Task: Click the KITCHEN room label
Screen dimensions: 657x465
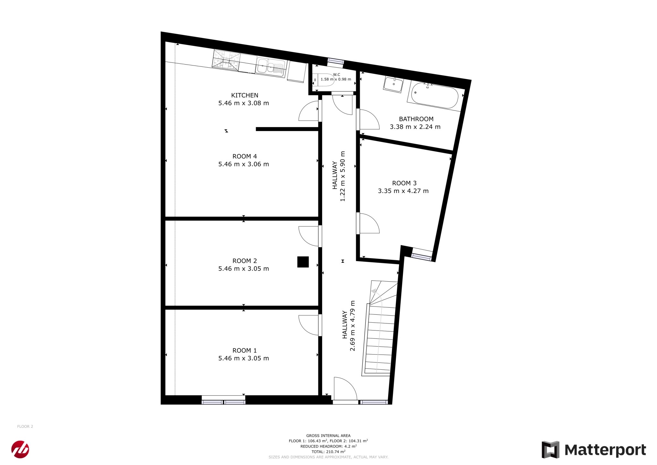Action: pos(244,95)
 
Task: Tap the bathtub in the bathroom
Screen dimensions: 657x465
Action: pos(435,95)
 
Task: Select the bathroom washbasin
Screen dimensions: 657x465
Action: pos(393,84)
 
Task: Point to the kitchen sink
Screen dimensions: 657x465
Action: pos(270,68)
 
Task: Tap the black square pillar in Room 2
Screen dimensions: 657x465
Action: pos(303,262)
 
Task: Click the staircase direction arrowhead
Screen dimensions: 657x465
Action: pos(373,291)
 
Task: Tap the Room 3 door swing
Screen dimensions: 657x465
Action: pos(369,223)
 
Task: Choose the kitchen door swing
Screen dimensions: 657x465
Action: pos(309,111)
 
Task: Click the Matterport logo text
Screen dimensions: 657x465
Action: pos(605,450)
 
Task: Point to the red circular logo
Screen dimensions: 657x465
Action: pos(20,449)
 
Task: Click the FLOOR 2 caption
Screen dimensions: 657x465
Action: pos(25,426)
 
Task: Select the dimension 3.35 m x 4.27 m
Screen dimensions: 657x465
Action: pos(403,191)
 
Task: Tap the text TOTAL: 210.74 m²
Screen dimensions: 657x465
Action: pos(328,452)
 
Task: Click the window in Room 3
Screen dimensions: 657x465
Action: pos(422,256)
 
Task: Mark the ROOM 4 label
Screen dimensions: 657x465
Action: pos(244,156)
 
